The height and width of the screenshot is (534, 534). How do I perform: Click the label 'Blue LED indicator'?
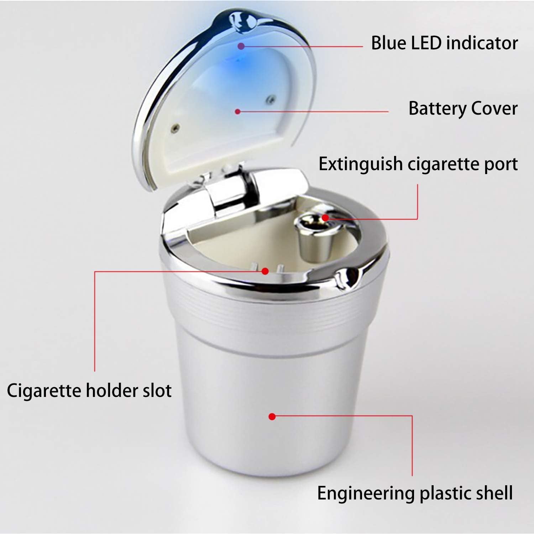click(444, 43)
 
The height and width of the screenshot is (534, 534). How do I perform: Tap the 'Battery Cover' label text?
click(463, 108)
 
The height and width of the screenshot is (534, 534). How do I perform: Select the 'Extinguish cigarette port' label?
click(418, 164)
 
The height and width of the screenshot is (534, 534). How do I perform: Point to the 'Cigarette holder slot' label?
click(89, 391)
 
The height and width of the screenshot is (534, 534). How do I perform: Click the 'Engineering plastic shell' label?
click(415, 493)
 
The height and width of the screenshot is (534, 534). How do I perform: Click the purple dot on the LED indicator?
click(241, 46)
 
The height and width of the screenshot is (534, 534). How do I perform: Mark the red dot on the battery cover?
click(238, 111)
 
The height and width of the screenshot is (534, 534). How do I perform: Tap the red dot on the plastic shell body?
click(272, 416)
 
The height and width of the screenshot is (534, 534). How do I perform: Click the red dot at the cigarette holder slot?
click(265, 271)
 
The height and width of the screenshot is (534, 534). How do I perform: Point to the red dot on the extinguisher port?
click(325, 218)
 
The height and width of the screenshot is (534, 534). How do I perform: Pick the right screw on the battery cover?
click(271, 97)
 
